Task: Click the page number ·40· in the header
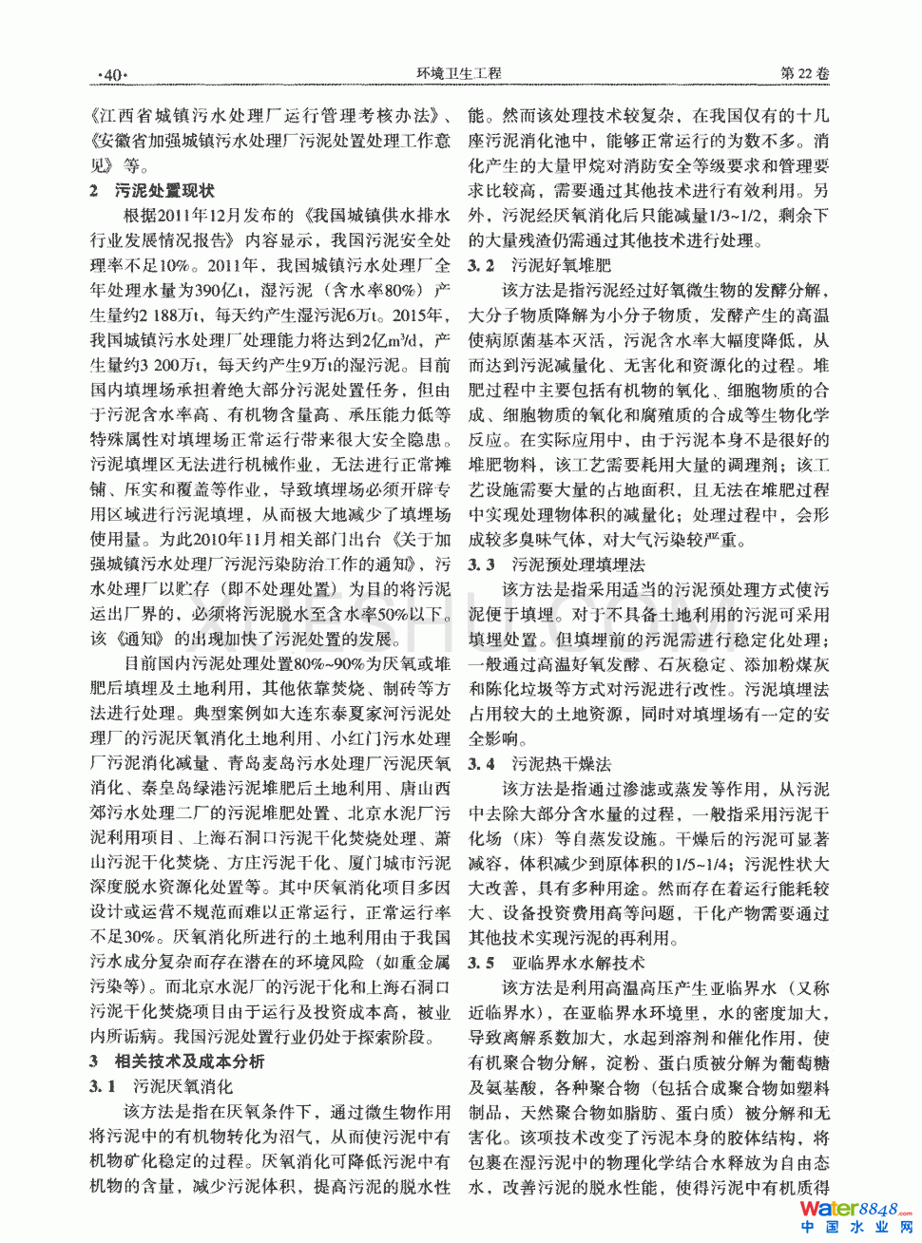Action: (112, 75)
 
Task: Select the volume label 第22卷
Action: (804, 73)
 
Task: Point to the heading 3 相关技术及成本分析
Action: (177, 1061)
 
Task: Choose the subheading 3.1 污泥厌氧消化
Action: (161, 1086)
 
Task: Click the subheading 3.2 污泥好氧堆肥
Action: (539, 265)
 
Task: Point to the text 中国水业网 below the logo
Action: (856, 1228)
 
